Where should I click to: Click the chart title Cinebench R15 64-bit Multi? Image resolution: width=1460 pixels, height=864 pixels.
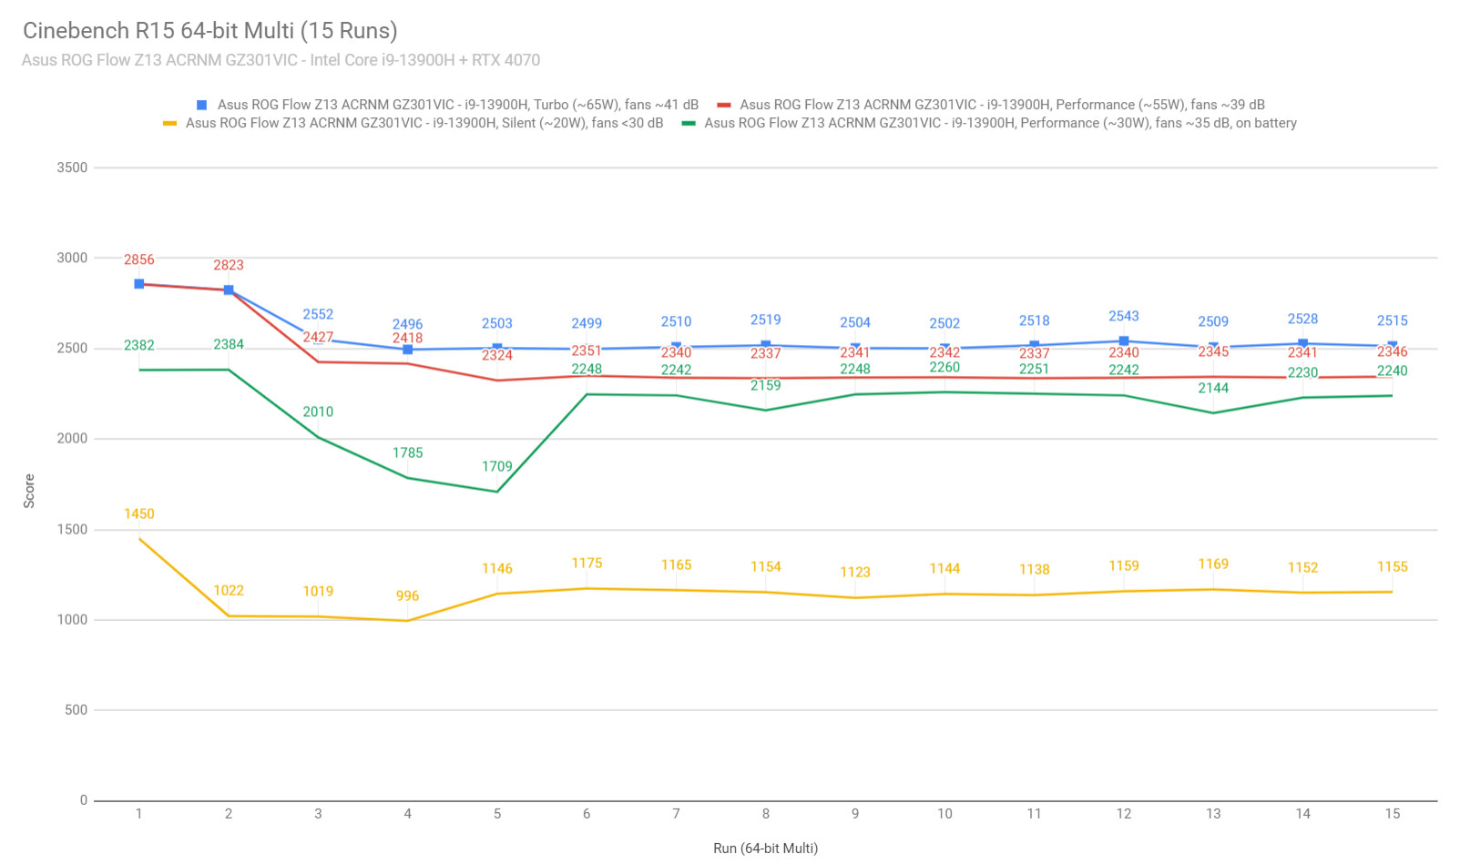[210, 31]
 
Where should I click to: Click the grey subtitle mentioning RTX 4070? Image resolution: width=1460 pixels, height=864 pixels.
[281, 60]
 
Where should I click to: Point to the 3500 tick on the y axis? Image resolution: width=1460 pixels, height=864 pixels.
[72, 168]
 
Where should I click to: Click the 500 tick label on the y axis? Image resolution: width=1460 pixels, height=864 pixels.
[76, 710]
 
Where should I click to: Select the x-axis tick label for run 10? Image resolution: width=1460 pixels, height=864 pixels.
[944, 814]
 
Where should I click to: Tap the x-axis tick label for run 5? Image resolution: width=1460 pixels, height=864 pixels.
[497, 814]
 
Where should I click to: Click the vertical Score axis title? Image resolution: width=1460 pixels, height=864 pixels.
[29, 491]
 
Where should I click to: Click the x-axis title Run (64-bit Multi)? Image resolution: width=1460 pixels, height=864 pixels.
[765, 849]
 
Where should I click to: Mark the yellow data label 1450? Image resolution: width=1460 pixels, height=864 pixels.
[139, 514]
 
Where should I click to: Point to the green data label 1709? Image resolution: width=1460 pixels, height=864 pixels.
[497, 467]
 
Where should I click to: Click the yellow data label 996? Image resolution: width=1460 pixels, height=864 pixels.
[407, 596]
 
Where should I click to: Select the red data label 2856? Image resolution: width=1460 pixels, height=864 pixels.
[139, 260]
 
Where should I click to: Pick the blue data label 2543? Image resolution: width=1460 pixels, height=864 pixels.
[1123, 317]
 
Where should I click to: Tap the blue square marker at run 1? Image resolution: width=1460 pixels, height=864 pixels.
[139, 284]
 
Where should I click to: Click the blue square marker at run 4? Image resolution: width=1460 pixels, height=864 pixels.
[407, 350]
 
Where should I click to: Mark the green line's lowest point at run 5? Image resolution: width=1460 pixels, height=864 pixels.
[497, 493]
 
